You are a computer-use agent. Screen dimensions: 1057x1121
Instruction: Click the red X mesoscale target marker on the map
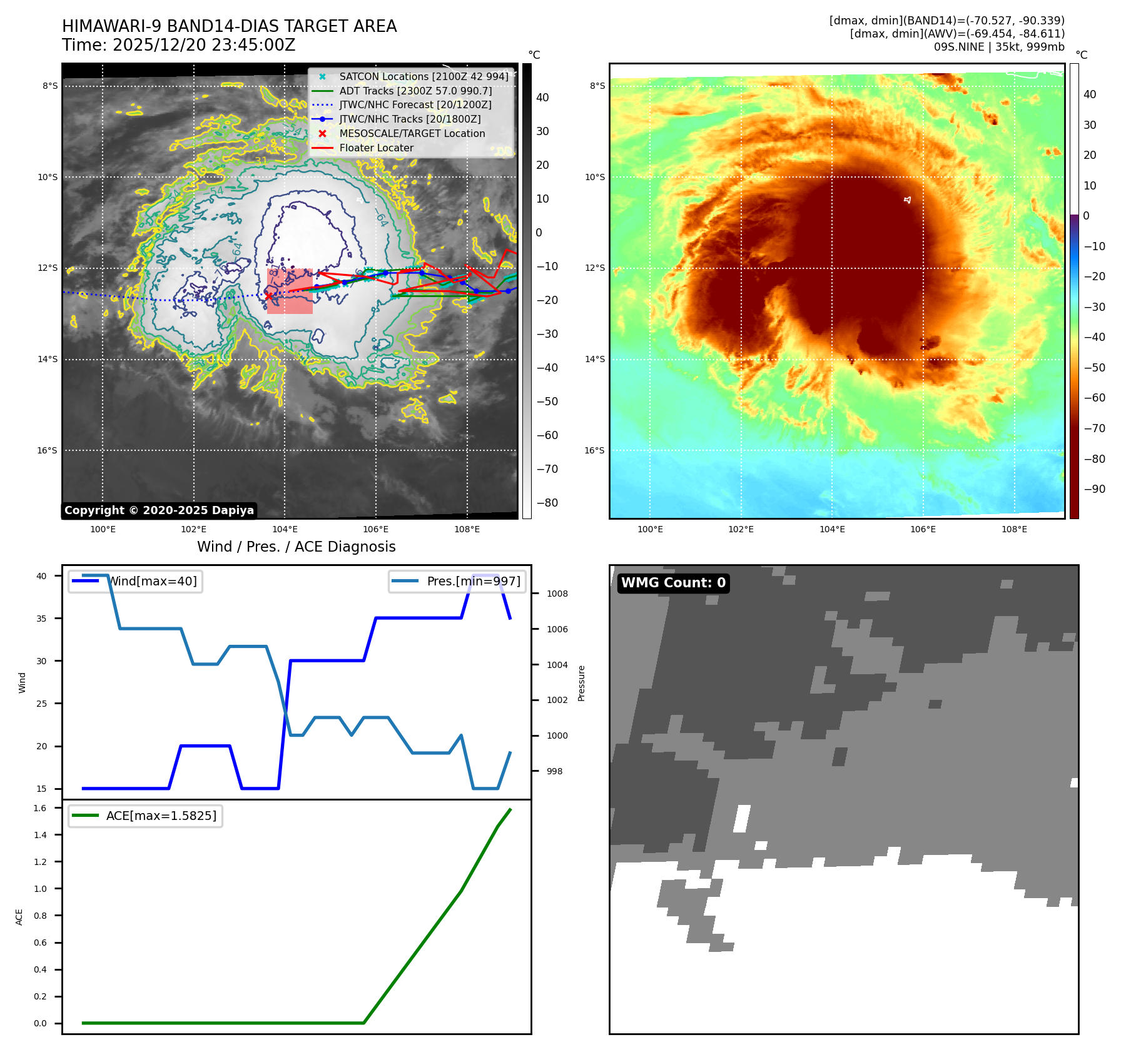269,296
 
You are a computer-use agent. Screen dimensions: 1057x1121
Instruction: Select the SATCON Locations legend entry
424,77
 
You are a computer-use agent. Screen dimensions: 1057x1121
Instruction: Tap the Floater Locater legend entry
376,148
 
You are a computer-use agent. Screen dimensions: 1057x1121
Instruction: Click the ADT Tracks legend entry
415,91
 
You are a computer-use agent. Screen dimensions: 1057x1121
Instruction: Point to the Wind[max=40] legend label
153,581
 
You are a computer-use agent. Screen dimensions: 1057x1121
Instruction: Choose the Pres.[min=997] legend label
473,581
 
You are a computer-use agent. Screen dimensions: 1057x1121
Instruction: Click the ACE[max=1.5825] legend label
161,816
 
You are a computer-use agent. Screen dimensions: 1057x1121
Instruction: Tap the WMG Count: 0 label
673,583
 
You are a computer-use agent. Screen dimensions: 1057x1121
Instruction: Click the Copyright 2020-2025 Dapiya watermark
159,510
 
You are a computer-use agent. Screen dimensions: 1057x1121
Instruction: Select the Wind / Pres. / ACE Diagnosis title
296,547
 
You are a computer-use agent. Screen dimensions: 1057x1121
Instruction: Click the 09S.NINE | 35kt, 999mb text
999,47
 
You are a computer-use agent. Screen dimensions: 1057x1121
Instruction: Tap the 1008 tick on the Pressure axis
557,594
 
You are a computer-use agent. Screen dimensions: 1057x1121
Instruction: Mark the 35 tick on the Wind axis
41,619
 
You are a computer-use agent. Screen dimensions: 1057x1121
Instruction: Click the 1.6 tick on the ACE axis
40,808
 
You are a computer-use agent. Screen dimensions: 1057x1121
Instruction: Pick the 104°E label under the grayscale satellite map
285,529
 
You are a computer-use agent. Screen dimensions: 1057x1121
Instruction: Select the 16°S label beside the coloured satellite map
594,450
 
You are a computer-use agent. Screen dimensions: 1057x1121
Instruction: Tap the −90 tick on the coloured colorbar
1094,489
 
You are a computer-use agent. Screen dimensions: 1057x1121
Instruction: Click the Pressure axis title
581,683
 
